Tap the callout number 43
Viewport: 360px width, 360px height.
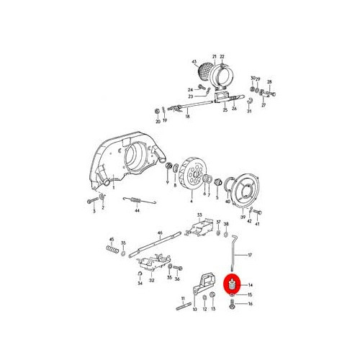(x=194, y=62)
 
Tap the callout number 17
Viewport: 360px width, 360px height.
(x=251, y=256)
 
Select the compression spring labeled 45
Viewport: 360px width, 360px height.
(x=112, y=251)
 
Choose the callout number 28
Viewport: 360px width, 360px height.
(x=270, y=82)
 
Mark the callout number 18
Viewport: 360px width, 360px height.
(x=186, y=117)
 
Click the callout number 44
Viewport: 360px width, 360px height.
(x=136, y=212)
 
